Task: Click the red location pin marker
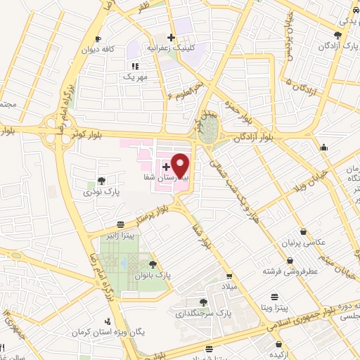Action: (181, 165)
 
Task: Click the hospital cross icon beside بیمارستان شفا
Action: (166, 167)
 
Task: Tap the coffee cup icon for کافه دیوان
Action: (98, 38)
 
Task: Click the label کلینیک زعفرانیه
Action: (171, 49)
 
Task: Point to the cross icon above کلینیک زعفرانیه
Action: (171, 37)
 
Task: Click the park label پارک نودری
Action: (98, 191)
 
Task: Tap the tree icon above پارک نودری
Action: (102, 180)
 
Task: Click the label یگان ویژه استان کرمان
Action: (113, 329)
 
